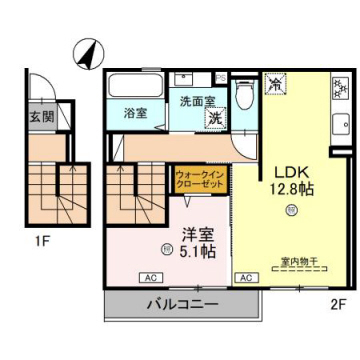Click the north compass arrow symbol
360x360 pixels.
[x=88, y=51]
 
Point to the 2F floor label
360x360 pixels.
[x=337, y=302]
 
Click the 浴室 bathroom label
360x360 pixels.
[x=136, y=113]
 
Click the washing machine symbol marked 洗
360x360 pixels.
[x=215, y=118]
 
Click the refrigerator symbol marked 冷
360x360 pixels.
[x=274, y=87]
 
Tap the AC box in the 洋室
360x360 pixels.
[x=148, y=277]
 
